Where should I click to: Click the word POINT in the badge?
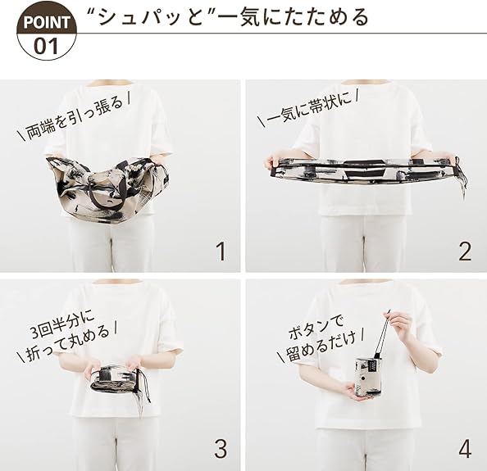46,22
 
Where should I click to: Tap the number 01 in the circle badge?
46,46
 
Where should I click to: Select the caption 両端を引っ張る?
74,117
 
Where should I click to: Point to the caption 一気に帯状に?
308,106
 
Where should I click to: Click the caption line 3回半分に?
63,325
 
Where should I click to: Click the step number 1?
221,251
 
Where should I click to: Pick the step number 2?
465,251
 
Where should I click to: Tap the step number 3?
221,449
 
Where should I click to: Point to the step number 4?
465,449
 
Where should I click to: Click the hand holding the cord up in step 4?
399,327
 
